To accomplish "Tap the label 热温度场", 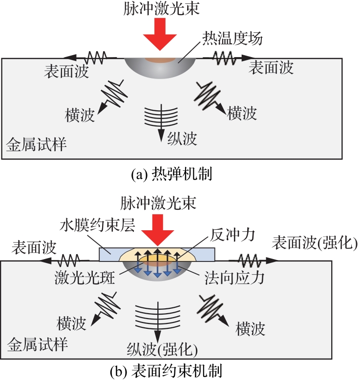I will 229,40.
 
